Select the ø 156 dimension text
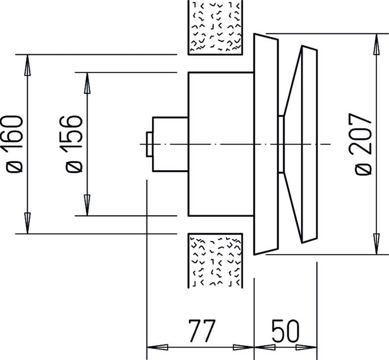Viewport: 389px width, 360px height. tap(73, 144)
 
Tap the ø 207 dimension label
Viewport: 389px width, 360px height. tap(363, 144)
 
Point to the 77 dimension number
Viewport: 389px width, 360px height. tap(202, 331)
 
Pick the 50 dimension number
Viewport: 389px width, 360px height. tap(286, 331)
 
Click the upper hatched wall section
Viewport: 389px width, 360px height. tap(215, 27)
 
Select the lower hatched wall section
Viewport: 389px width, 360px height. tap(215, 260)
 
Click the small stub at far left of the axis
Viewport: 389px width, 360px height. tap(150, 144)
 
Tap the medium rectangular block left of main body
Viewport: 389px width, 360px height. tap(170, 144)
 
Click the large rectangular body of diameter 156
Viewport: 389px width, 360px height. tap(221, 144)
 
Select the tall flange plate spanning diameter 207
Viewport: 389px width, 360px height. tap(266, 144)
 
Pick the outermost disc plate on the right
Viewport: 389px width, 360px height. tap(309, 144)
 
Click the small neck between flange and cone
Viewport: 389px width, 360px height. tap(281, 144)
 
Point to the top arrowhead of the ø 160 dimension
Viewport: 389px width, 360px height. tap(27, 64)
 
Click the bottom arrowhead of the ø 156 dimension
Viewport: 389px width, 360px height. tap(87, 205)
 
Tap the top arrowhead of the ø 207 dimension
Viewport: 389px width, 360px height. tap(376, 44)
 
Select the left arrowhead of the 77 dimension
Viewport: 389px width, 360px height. tap(157, 347)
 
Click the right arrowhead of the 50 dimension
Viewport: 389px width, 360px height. tap(306, 347)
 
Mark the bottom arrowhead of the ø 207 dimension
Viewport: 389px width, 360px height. tap(376, 244)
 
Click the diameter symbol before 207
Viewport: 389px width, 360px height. tap(363, 169)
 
